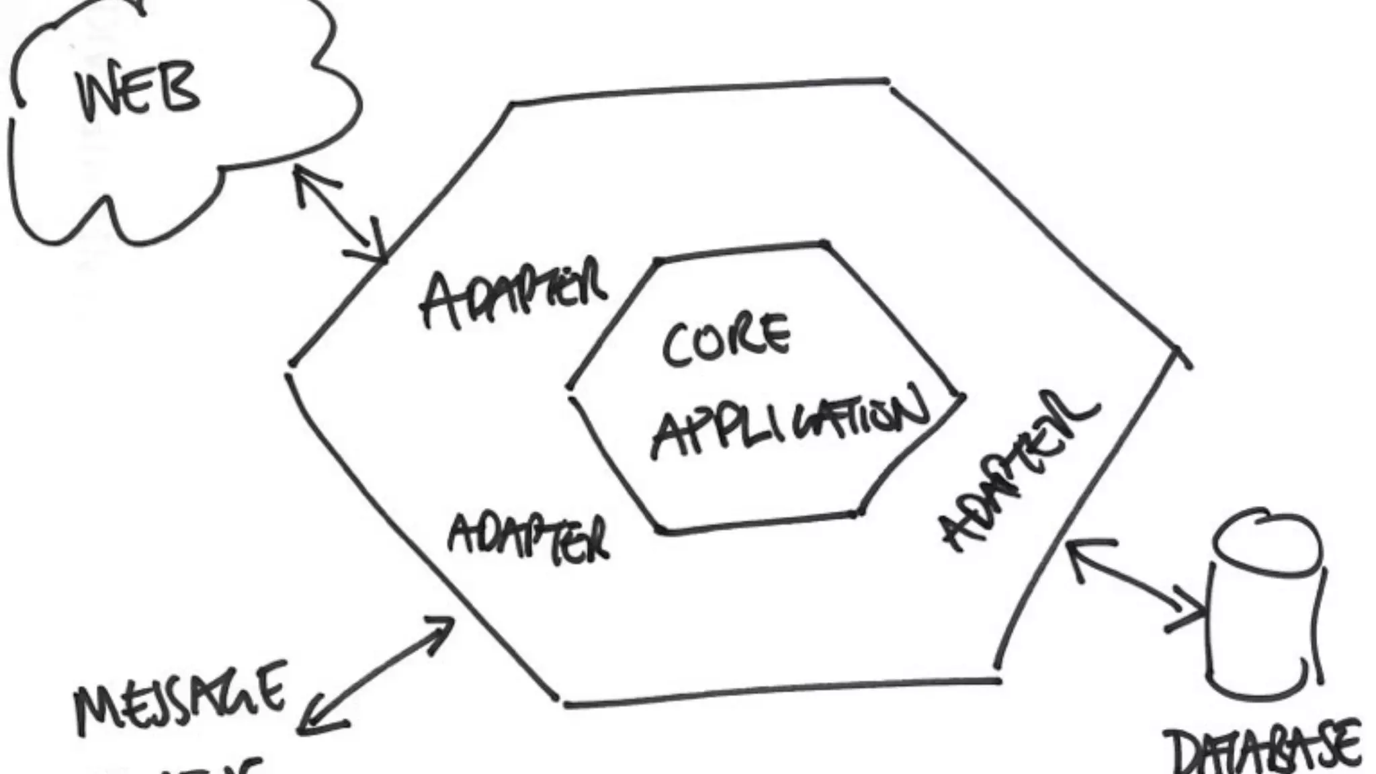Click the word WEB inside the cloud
[138, 90]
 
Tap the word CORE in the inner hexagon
[726, 341]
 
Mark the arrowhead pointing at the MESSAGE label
[316, 722]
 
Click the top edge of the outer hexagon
[699, 91]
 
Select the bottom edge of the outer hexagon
[779, 692]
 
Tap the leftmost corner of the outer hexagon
[290, 366]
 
